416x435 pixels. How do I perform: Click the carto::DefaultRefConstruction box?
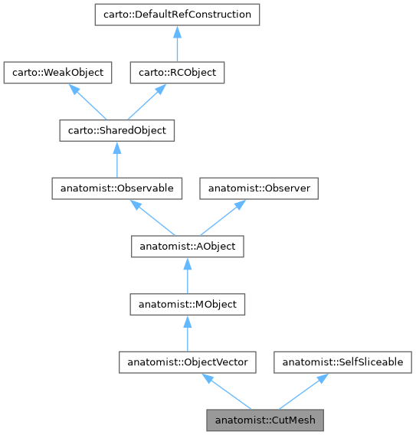pos(177,15)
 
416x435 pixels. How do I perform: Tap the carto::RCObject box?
pos(177,73)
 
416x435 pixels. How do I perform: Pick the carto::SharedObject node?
pos(116,131)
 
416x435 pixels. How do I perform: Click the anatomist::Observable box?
pos(116,188)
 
